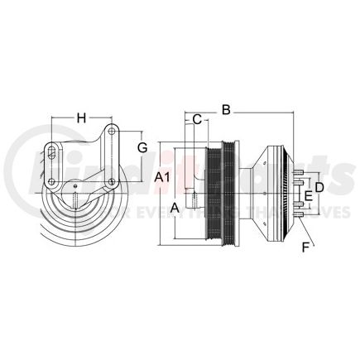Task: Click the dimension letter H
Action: coord(81,118)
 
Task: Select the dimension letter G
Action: coord(142,146)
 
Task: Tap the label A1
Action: coord(163,177)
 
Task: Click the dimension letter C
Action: coord(196,119)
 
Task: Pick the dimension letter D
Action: coord(319,188)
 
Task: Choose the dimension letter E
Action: coord(310,195)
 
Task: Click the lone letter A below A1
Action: coord(175,206)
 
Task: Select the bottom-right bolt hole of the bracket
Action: coord(111,181)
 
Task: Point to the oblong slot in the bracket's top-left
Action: coord(53,151)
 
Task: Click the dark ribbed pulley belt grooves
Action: coord(223,194)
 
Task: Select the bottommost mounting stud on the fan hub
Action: coord(296,217)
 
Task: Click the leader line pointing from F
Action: coord(300,232)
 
